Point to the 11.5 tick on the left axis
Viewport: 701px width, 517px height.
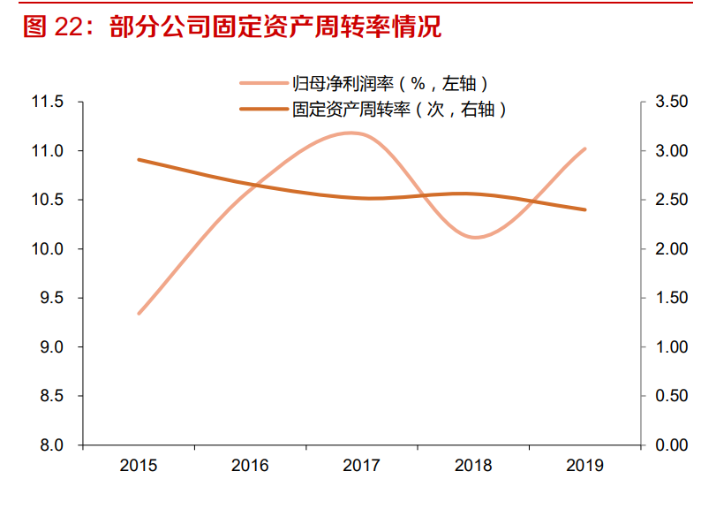click(48, 103)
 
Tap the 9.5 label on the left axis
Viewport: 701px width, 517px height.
click(51, 299)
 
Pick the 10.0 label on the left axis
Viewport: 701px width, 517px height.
click(48, 249)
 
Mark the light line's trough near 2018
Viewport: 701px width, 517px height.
click(475, 237)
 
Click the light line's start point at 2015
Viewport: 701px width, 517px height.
click(139, 314)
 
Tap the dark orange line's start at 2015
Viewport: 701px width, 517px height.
click(139, 160)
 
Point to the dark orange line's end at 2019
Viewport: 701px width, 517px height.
click(584, 209)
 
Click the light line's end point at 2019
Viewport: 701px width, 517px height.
click(584, 149)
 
